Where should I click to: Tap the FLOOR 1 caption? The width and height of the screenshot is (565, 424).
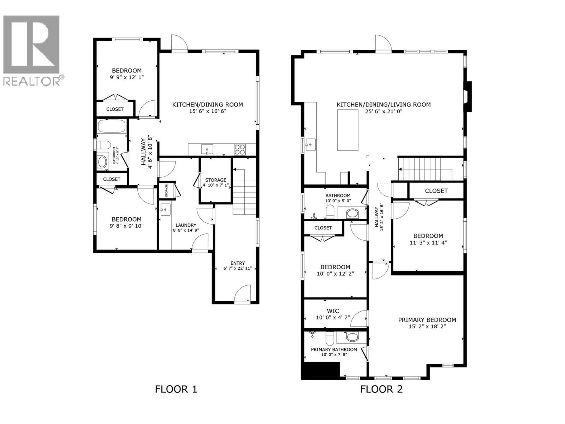(176, 389)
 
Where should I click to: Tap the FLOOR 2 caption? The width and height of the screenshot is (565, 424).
(381, 389)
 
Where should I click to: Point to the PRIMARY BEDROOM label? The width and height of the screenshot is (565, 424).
(427, 320)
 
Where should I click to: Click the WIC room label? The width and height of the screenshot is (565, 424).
(333, 311)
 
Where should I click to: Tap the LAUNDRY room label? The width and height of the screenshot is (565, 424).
(186, 225)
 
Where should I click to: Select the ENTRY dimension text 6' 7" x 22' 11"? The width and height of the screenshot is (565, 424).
(238, 268)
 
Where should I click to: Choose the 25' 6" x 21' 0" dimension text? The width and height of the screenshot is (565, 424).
(383, 111)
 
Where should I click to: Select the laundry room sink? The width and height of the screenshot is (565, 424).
(165, 210)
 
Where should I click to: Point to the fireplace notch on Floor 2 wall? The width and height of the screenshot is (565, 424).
(468, 96)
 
